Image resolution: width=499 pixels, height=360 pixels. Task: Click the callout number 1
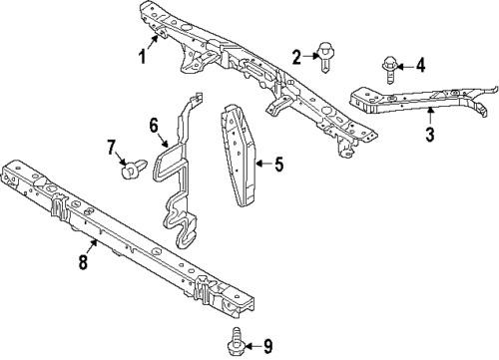tap(143, 57)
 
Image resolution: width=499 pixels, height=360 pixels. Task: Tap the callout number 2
tap(296, 57)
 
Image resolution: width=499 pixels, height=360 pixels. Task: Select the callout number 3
tap(430, 135)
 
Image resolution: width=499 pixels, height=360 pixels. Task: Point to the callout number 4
tap(421, 65)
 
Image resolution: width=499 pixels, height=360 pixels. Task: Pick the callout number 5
tap(278, 165)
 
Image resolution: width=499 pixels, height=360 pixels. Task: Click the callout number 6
tap(154, 126)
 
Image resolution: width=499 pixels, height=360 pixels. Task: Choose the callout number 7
tap(111, 148)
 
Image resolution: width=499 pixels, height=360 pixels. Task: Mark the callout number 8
tap(83, 261)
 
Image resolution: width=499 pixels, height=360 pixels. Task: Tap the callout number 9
tap(267, 346)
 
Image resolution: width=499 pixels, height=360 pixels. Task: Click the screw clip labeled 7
tap(134, 169)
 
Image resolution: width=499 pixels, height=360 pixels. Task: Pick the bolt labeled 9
tap(236, 343)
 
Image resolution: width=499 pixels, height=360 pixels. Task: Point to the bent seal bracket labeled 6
tap(179, 173)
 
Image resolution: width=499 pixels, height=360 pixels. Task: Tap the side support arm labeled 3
tap(416, 100)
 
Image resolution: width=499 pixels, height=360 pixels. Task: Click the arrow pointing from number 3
tap(430, 117)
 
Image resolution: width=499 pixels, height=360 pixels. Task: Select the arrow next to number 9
tap(252, 347)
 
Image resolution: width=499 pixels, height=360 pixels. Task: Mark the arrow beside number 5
tap(264, 164)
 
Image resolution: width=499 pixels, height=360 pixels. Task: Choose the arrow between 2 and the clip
tap(310, 56)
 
